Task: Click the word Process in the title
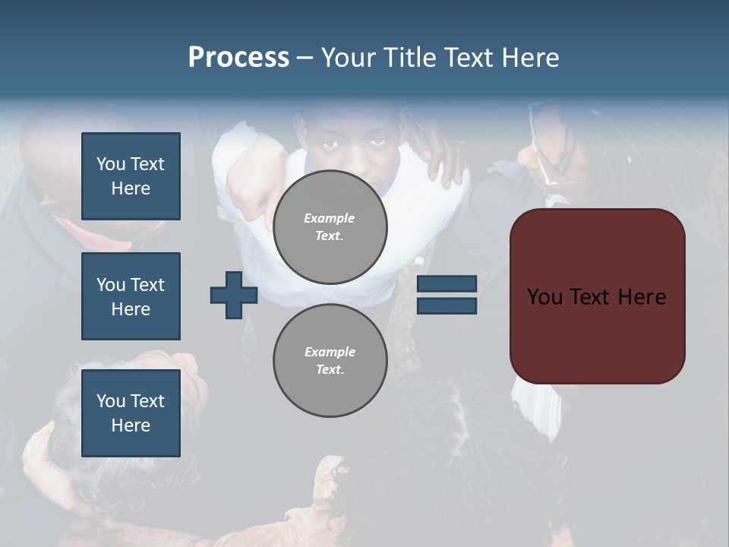click(x=238, y=58)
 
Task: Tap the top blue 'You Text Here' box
click(x=131, y=176)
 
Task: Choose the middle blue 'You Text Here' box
click(x=131, y=296)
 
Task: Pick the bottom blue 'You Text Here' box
click(x=131, y=413)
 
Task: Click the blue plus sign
click(x=234, y=295)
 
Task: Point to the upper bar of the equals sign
click(x=447, y=283)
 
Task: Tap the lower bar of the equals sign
click(x=447, y=305)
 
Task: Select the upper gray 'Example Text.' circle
click(x=330, y=226)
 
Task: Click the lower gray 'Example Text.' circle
click(x=330, y=360)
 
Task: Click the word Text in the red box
click(x=596, y=297)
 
